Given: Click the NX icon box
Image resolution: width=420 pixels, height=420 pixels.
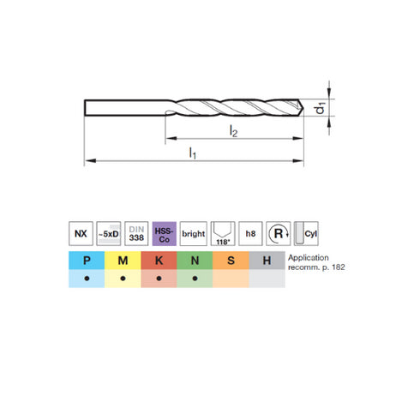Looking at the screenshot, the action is [x=81, y=233].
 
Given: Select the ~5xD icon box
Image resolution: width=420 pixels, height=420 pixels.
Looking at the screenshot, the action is [x=109, y=233].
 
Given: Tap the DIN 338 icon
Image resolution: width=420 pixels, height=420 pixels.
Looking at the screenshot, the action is [x=136, y=233].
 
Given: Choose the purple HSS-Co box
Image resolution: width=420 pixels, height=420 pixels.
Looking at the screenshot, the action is [x=165, y=233].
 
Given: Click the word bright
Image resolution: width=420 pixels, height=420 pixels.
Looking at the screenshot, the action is [x=194, y=234].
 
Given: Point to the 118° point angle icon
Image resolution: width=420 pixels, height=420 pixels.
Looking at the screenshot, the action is [x=223, y=233].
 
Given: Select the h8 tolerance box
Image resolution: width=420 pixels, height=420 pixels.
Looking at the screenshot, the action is [x=250, y=233].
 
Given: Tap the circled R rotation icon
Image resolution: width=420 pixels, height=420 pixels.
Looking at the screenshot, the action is [x=279, y=233].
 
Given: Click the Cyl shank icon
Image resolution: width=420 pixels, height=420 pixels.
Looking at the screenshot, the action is [x=306, y=233].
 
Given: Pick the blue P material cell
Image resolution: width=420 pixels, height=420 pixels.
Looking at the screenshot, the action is [x=87, y=261].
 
